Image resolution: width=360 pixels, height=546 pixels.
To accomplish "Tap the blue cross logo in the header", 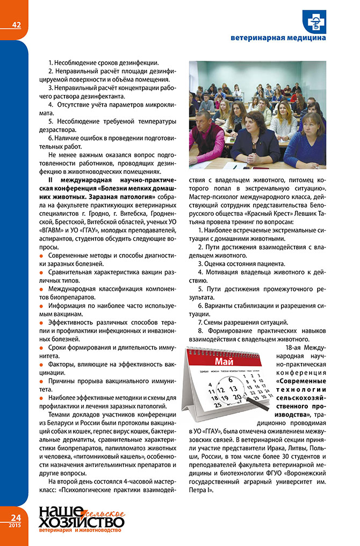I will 312,22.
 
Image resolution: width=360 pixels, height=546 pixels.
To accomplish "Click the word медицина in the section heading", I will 306,39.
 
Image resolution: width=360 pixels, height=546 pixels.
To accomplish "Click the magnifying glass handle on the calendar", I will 257,408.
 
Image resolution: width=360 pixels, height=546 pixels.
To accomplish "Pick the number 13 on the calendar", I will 233,389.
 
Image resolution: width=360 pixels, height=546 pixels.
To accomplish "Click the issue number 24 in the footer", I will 15,516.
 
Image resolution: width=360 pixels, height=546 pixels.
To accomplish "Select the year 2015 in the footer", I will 15,525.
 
